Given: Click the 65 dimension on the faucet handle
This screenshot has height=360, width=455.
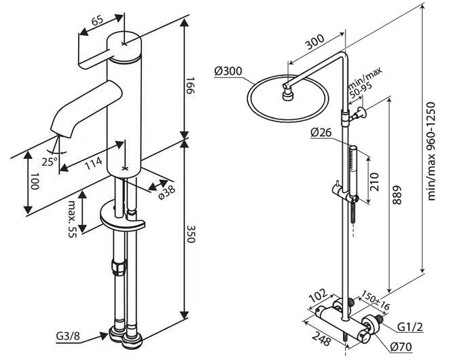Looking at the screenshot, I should click(x=96, y=21).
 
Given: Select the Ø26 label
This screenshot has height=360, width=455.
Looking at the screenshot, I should click(x=321, y=134).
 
